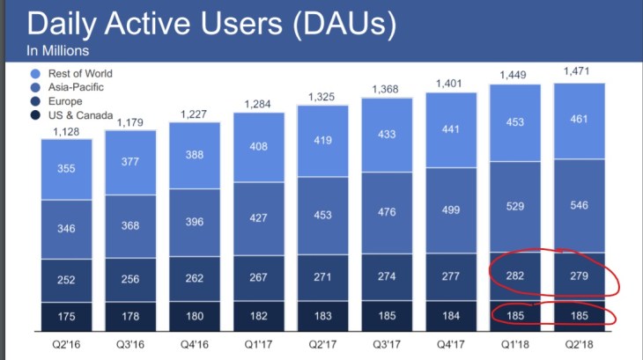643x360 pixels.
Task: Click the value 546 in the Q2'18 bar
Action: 579,206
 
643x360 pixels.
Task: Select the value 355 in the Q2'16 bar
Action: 66,170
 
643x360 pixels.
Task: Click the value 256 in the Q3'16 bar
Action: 130,280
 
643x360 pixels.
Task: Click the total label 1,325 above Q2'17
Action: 322,95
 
